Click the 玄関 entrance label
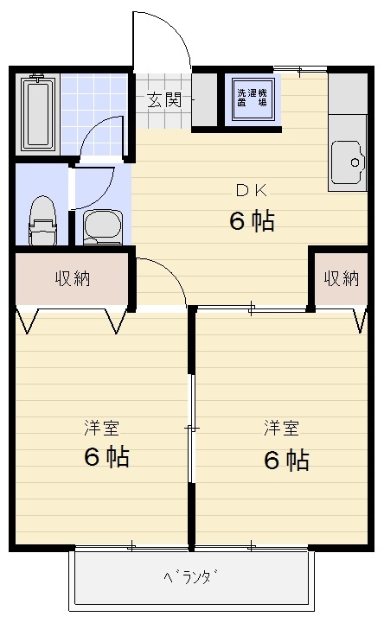tap(163, 99)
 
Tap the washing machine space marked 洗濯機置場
tap(252, 97)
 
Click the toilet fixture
tap(42, 220)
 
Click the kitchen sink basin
tap(349, 161)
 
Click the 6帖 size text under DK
tap(252, 221)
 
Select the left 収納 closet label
tap(74, 278)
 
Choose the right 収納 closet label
tap(341, 278)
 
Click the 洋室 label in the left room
tap(102, 428)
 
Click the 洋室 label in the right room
tap(282, 428)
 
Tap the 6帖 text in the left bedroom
tap(106, 457)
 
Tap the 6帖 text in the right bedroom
tap(285, 460)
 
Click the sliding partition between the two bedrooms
tap(191, 428)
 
